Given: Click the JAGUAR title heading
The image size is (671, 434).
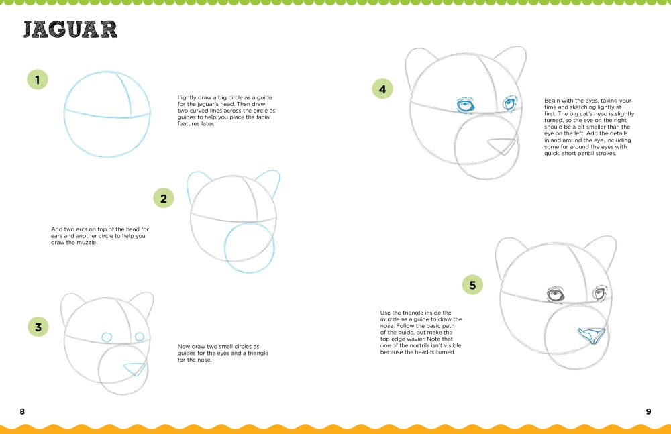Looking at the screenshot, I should click(70, 30).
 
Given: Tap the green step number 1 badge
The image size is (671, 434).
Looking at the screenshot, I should click(38, 80).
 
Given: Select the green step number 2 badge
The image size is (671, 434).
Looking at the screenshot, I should click(163, 198).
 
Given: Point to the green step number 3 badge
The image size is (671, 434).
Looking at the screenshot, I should click(38, 327).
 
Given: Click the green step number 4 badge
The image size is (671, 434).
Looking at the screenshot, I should click(382, 89).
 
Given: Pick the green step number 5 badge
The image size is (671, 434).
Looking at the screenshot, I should click(472, 285).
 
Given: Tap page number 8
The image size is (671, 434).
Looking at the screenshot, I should click(22, 411).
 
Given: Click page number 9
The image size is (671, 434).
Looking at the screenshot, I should click(648, 411).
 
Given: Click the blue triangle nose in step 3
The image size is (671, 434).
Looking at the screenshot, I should click(136, 368).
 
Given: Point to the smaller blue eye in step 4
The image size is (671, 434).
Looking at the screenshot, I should click(510, 103).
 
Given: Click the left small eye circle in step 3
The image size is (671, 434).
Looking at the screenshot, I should click(107, 337).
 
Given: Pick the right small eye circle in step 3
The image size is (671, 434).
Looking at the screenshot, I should click(140, 336).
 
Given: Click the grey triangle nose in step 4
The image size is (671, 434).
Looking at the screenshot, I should click(502, 145).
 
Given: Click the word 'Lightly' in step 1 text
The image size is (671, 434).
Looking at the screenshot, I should click(188, 97).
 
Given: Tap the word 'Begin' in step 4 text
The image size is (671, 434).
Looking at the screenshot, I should click(553, 101).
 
